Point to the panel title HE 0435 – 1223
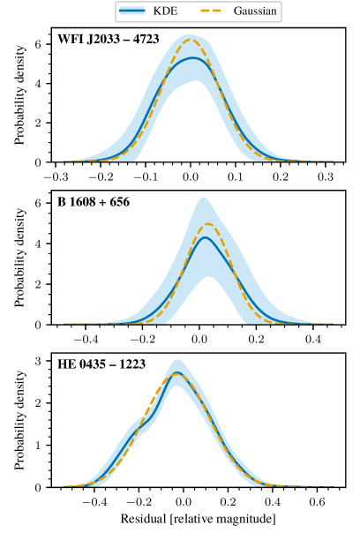coord(101,365)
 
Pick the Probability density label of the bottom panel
coord(20,420)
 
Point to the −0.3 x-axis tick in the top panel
coord(56,176)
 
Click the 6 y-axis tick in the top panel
coord(37,44)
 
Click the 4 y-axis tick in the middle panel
coord(37,243)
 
